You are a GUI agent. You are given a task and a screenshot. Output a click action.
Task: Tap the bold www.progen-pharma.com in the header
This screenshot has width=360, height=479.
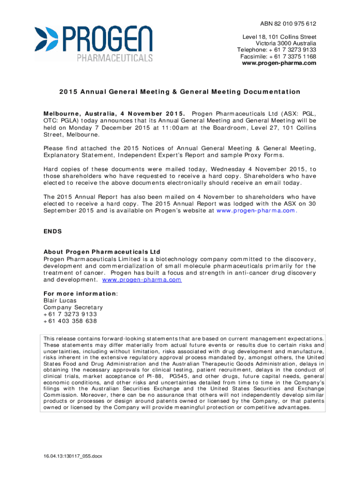[x=279, y=63]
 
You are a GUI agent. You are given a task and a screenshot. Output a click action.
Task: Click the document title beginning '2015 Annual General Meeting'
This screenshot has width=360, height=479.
[x=180, y=92]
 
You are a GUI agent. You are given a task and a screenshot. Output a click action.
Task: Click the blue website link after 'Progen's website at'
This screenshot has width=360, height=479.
[x=256, y=210]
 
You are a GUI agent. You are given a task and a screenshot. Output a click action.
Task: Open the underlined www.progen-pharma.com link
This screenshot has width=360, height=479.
[x=142, y=280]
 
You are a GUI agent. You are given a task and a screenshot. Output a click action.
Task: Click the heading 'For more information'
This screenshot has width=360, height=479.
[x=80, y=293]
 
